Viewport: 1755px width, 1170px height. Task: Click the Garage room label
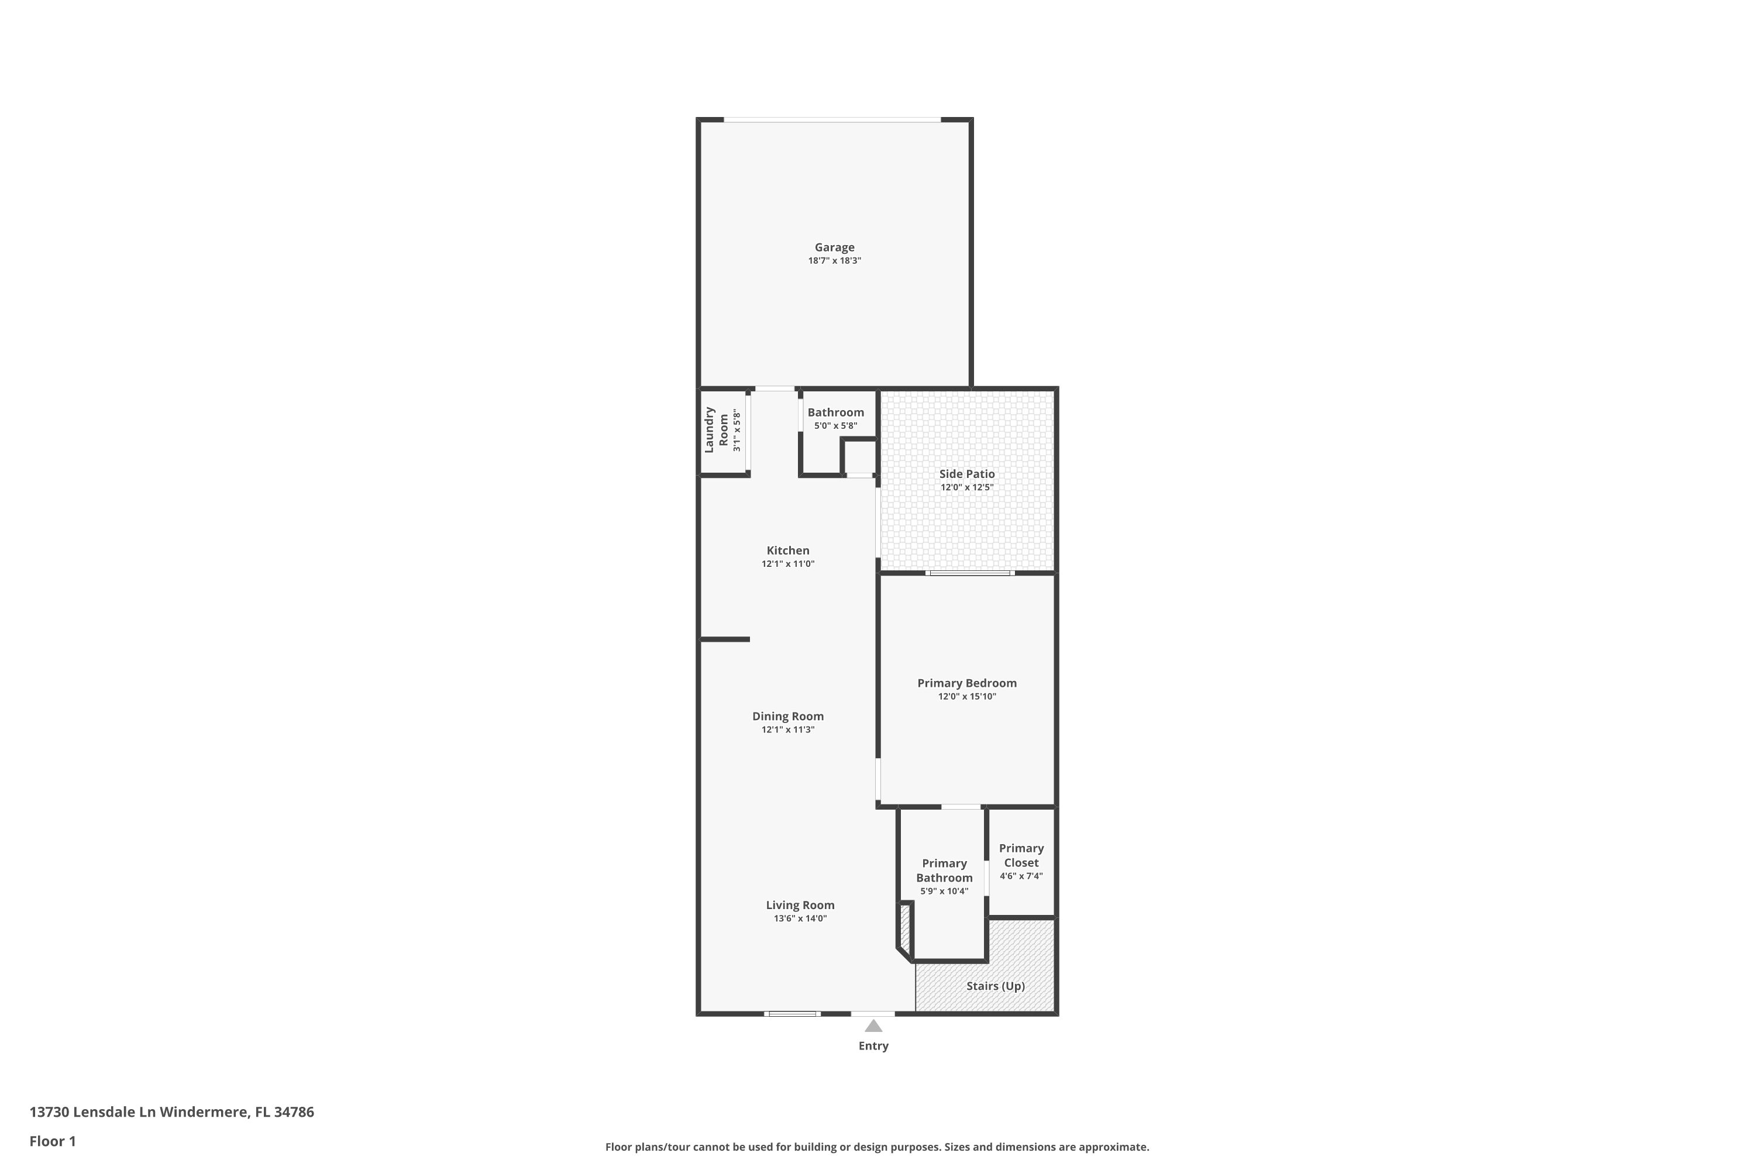tap(834, 247)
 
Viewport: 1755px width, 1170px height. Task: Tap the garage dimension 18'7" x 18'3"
tap(834, 260)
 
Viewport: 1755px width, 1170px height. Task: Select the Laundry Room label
tap(716, 430)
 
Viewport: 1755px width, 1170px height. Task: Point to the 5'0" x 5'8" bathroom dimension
tap(836, 426)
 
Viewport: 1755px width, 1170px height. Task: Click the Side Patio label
tap(967, 474)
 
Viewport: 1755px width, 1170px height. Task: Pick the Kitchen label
tap(788, 550)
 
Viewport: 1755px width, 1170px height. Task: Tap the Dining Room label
tap(788, 716)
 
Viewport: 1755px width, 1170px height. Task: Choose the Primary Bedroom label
tap(967, 683)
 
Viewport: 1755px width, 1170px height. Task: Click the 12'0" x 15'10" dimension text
tap(967, 697)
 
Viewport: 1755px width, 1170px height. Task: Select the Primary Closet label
tap(1021, 855)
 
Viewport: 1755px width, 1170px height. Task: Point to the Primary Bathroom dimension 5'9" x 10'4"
tap(945, 891)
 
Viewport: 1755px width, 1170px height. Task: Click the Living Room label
tap(800, 905)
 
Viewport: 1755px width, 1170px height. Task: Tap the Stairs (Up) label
tap(996, 986)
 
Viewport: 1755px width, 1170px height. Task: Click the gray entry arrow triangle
tap(873, 1026)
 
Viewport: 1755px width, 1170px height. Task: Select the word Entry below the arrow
tap(873, 1046)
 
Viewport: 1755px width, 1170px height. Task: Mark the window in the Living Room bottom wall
tap(793, 1013)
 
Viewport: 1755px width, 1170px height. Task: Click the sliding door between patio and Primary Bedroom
tap(970, 573)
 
